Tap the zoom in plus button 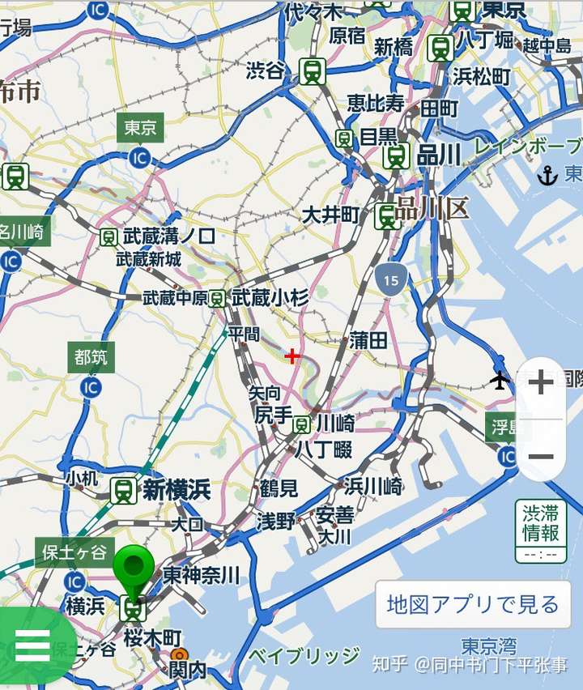click(540, 382)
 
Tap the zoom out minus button click(540, 457)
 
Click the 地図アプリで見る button click(473, 604)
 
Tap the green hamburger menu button click(32, 645)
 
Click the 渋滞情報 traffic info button click(540, 530)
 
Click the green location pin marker click(133, 570)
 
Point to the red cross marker click(292, 356)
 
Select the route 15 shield click(391, 279)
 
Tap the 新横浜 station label click(177, 489)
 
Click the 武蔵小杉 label click(270, 298)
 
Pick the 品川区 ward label click(432, 208)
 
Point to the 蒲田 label click(368, 341)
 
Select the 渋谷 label click(266, 71)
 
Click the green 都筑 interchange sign click(90, 356)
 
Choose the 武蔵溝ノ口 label click(169, 236)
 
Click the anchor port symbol click(548, 175)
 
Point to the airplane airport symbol click(500, 379)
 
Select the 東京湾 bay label click(489, 645)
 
